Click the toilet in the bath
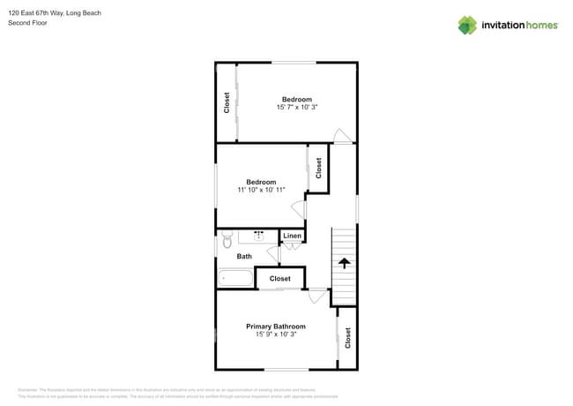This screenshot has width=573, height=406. pyautogui.click(x=227, y=238)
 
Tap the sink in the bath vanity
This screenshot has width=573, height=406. pyautogui.click(x=259, y=237)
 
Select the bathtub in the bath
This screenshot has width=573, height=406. pyautogui.click(x=235, y=278)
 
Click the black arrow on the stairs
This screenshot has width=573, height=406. pyautogui.click(x=344, y=262)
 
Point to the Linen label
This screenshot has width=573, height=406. pyautogui.click(x=292, y=236)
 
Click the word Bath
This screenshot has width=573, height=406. pyautogui.click(x=244, y=256)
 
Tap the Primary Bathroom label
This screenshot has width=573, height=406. pyautogui.click(x=275, y=326)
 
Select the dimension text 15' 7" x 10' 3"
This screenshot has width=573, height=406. pyautogui.click(x=296, y=107)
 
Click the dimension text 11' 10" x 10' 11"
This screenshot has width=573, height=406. pyautogui.click(x=261, y=190)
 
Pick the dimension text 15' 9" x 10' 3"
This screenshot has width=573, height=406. pyautogui.click(x=275, y=335)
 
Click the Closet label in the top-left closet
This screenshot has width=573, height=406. pyautogui.click(x=227, y=103)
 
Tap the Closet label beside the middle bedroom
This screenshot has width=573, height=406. pyautogui.click(x=318, y=167)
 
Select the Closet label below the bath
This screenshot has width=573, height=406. pyautogui.click(x=280, y=279)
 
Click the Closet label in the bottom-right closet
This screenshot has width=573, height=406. pyautogui.click(x=347, y=337)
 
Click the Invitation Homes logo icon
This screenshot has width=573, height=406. pyautogui.click(x=466, y=25)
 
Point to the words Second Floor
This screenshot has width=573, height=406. pyautogui.click(x=27, y=23)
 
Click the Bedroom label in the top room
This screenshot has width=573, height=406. pyautogui.click(x=296, y=99)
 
